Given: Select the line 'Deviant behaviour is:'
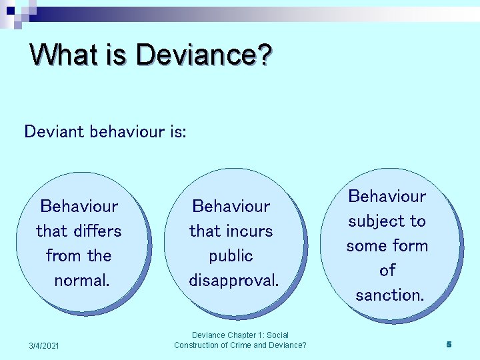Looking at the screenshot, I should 105,131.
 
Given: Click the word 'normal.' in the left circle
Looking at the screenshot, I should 81,281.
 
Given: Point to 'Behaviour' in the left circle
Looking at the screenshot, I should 79,207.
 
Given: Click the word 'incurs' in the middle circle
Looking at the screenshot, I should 249,231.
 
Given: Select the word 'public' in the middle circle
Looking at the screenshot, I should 231,256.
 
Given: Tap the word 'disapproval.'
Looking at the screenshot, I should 233,281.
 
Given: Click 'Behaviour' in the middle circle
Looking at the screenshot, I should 231,207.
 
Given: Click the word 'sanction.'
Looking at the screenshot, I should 389,295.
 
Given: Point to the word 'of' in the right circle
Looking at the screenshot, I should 387,270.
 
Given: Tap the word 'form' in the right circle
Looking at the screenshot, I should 409,245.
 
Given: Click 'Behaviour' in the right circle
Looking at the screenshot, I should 387,196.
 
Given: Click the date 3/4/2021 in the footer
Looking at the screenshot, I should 44,345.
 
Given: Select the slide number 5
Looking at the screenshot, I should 449,344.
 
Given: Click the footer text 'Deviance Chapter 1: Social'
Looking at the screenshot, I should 240,335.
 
